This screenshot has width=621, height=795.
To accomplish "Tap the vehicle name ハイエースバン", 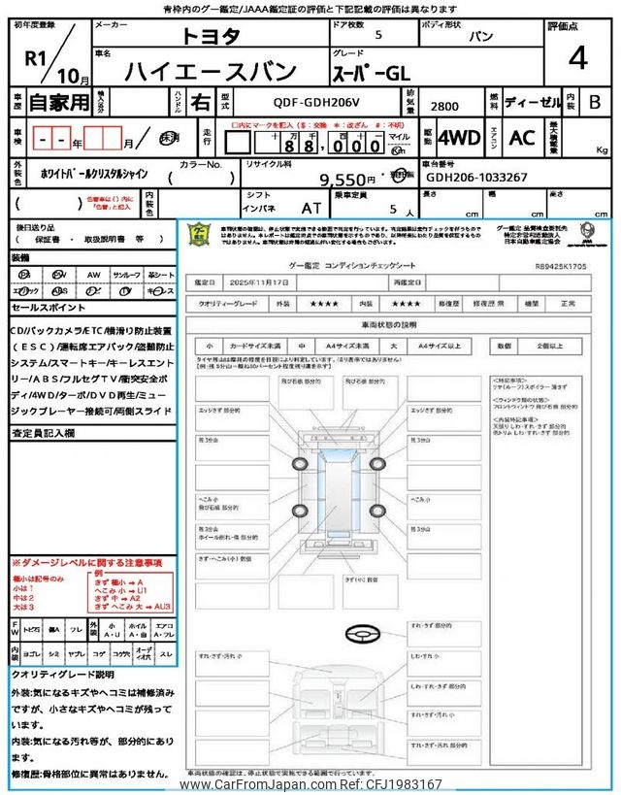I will point(198,71).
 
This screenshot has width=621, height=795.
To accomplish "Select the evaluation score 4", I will point(578,60).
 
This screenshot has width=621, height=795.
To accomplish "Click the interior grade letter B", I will point(594,101).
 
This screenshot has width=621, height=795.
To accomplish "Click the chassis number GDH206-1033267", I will point(476,178).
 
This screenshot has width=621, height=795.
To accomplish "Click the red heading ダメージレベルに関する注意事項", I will point(86,562).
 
